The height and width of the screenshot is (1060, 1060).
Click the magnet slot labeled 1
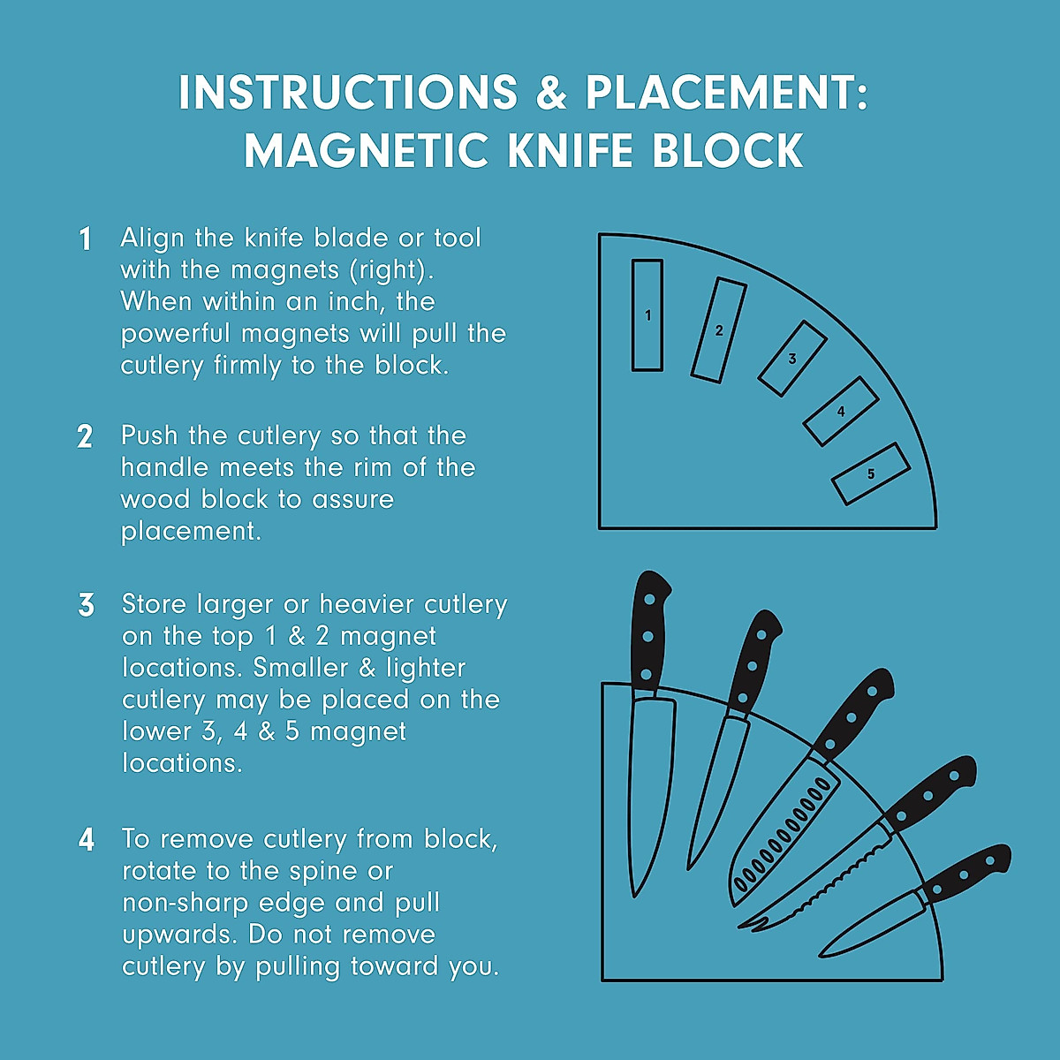(647, 315)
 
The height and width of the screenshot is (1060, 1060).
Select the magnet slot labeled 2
(718, 330)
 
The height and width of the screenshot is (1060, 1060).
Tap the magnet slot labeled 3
(792, 358)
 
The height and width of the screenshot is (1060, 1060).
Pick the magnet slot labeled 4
(841, 412)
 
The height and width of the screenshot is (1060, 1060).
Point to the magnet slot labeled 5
(870, 474)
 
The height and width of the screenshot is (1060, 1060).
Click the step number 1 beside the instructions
(85, 239)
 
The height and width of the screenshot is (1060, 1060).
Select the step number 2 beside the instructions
(85, 437)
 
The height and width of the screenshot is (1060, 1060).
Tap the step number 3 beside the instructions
(86, 606)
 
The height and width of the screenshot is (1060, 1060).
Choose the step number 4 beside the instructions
(86, 839)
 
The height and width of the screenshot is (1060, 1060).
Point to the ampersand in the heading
(551, 93)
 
